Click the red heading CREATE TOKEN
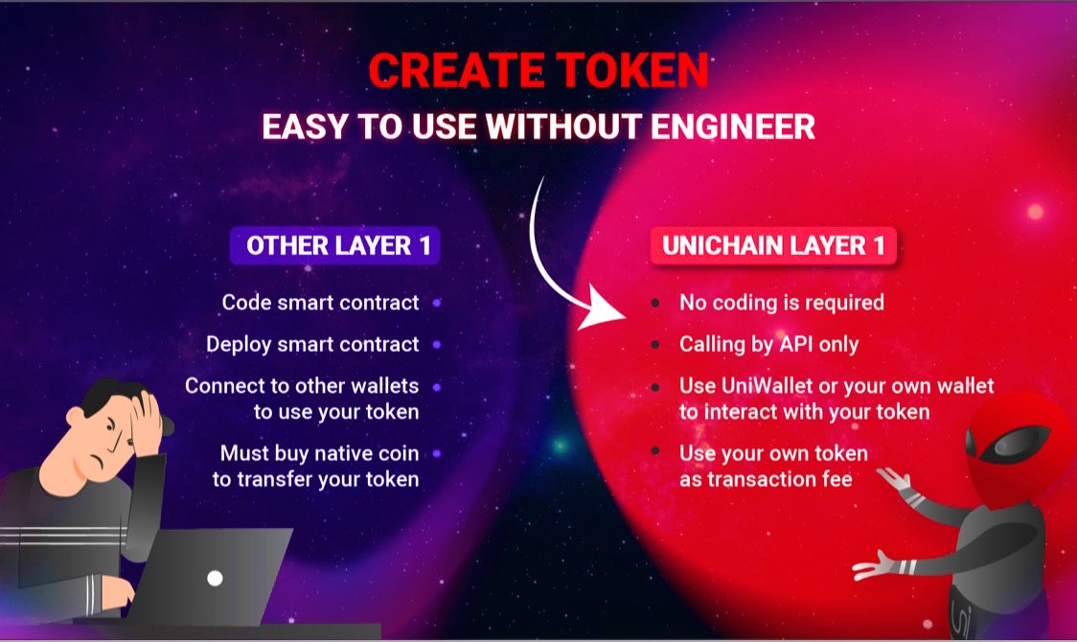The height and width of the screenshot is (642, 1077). (x=538, y=71)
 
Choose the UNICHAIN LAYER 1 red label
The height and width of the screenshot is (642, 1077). (x=772, y=245)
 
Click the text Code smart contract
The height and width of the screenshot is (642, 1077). (x=320, y=303)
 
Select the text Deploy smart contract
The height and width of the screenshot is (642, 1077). (x=312, y=344)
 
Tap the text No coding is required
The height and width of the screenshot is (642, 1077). (x=781, y=303)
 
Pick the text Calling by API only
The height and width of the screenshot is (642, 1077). (x=768, y=344)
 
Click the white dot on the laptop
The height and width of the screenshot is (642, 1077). (x=216, y=578)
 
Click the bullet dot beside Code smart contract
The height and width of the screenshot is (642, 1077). (x=436, y=303)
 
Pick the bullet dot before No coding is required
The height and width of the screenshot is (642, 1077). (x=654, y=303)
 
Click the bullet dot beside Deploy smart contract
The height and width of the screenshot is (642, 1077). (x=436, y=344)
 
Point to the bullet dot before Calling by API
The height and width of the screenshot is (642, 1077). (x=654, y=344)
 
